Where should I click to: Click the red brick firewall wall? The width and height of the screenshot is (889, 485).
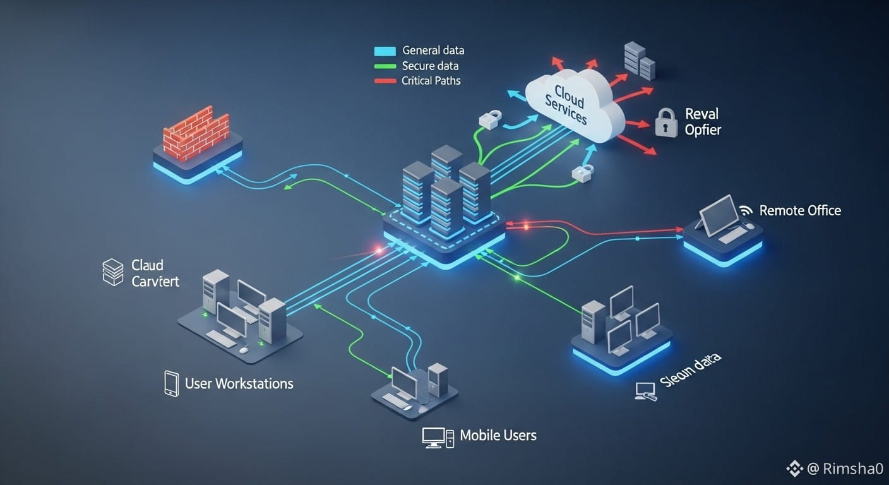point(196,133)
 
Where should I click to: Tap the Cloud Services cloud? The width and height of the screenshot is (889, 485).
point(571,104)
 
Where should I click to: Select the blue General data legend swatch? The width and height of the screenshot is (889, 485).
point(385,51)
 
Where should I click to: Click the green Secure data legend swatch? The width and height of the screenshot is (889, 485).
point(385,66)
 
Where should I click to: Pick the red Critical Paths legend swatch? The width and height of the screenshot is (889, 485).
point(385,81)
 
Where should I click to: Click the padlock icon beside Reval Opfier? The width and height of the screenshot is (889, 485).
point(665,122)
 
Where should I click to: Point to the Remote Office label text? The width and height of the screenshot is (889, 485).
point(800,210)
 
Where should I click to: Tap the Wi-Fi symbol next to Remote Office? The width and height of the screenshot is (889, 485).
point(746,210)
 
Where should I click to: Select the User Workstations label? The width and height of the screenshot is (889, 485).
point(239,383)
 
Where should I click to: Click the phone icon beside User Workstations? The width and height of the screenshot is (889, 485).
point(171,383)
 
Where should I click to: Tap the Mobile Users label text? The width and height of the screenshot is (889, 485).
point(498,435)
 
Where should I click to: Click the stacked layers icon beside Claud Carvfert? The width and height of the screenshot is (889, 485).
point(113,272)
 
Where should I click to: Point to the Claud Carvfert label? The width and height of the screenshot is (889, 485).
point(155,273)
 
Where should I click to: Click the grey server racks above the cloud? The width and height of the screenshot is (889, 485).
point(639,61)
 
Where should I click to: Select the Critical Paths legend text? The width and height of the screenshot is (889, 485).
point(431,81)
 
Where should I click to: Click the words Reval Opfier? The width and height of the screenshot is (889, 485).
point(702,122)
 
